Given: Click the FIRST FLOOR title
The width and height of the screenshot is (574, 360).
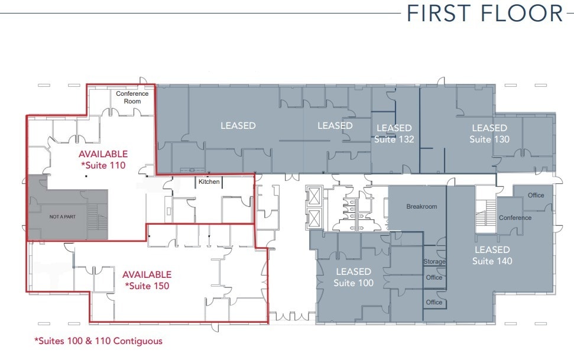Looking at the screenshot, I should [x=485, y=14].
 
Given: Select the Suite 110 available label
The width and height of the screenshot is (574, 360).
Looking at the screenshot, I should [x=103, y=160].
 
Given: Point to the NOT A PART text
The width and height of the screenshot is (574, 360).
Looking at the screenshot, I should [x=63, y=217].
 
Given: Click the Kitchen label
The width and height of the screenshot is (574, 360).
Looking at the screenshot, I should [x=209, y=181].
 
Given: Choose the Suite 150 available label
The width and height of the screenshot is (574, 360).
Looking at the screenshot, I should [x=147, y=280].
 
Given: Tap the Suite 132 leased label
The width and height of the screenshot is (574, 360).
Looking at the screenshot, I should [x=394, y=134].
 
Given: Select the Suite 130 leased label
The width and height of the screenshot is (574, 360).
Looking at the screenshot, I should [x=489, y=134].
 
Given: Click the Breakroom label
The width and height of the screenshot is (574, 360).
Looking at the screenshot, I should [x=421, y=207].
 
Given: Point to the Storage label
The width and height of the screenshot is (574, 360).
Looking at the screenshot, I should [x=434, y=262].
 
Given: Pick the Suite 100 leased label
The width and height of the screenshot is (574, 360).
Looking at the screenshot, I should [x=354, y=277].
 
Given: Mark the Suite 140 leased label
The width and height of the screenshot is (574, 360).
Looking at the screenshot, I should [x=492, y=255].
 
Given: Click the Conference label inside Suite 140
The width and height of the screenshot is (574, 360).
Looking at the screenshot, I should [x=515, y=218].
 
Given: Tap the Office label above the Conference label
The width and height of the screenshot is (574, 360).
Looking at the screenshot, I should [x=536, y=196].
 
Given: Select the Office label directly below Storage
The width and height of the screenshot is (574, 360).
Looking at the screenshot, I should [x=434, y=277].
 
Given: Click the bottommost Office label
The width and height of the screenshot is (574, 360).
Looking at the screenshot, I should [x=434, y=302].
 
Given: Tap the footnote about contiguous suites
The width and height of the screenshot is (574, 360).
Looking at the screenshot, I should [x=98, y=341].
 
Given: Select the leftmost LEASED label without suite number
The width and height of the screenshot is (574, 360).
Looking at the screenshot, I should [x=238, y=125].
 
